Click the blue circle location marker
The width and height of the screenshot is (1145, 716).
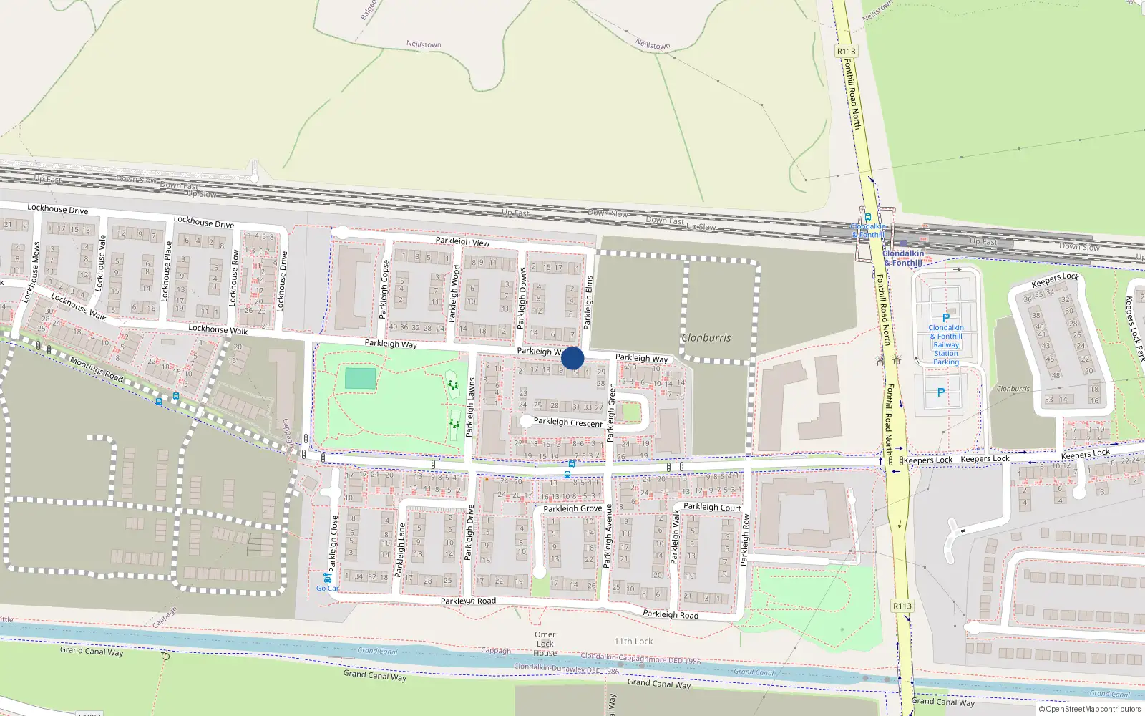click(x=572, y=358)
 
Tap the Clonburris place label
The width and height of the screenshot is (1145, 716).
click(x=706, y=337)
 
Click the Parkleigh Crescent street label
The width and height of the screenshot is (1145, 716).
click(x=567, y=422)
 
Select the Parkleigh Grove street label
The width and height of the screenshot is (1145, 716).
click(x=572, y=508)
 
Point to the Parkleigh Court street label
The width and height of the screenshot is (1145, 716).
click(x=712, y=507)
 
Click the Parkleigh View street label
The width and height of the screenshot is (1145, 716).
click(x=462, y=242)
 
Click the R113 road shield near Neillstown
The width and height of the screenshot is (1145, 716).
click(x=846, y=51)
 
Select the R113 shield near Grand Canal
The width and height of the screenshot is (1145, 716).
click(x=902, y=606)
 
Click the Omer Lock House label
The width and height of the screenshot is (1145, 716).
click(x=545, y=643)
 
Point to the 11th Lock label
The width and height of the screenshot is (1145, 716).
click(x=633, y=642)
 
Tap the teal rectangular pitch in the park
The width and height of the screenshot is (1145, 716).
click(x=360, y=379)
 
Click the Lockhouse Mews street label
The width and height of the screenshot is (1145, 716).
click(x=32, y=271)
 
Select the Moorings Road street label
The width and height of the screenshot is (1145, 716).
click(x=97, y=369)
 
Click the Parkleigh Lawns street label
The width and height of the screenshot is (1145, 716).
click(x=470, y=407)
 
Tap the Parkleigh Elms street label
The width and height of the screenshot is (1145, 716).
click(x=589, y=302)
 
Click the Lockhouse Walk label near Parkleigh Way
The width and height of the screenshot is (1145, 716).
click(x=218, y=329)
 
